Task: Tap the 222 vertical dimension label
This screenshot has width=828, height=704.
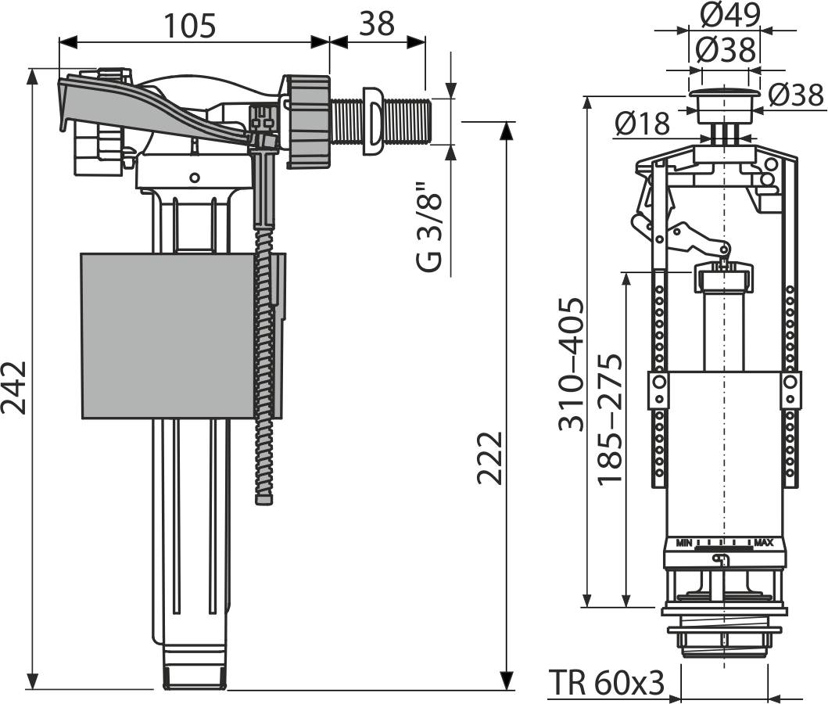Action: [x=490, y=458]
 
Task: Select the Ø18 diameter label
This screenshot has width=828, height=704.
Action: [x=642, y=123]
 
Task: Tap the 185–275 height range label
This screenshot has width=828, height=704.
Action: [x=611, y=419]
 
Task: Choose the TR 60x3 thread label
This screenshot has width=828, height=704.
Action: [x=607, y=683]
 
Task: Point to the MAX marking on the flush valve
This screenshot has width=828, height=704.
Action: [x=764, y=542]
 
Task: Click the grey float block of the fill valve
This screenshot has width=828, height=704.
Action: [x=168, y=335]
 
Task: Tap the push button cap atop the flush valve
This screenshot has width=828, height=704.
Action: [x=724, y=101]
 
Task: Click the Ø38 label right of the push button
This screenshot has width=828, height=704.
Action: [x=795, y=95]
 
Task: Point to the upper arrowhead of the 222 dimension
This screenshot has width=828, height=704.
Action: [x=507, y=130]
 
